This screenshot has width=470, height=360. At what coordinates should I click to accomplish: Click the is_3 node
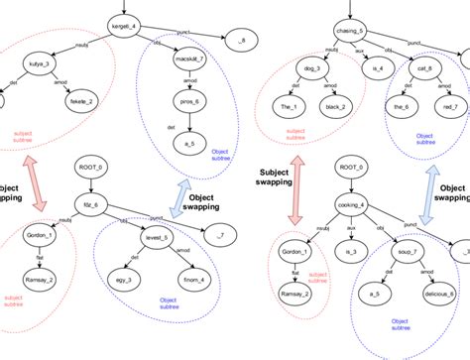pos(347,253)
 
